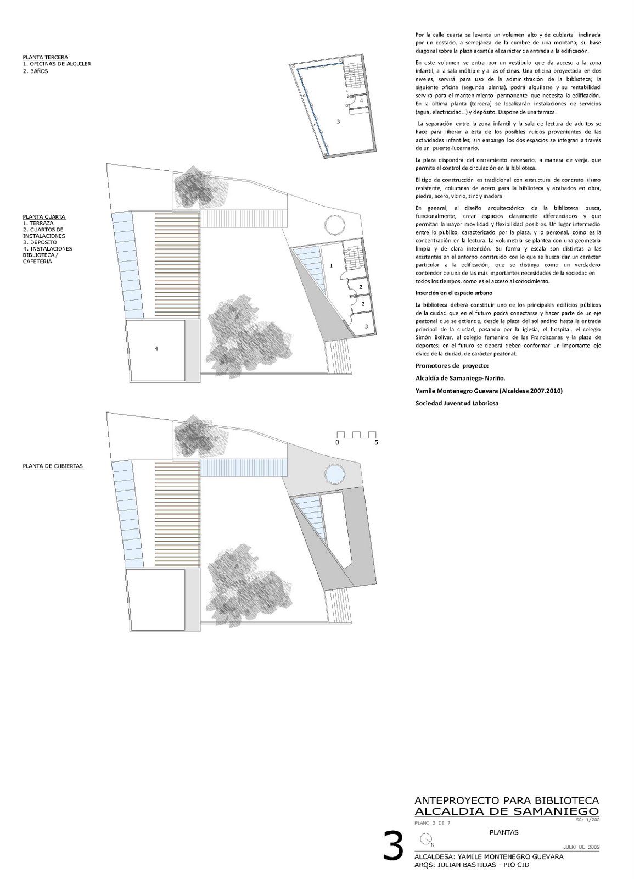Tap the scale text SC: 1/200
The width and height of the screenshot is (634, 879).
pos(588,820)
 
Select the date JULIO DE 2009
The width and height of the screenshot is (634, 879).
pos(581,847)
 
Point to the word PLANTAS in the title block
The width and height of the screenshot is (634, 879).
pos(503,832)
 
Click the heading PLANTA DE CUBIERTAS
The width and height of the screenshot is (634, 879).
pos(53,466)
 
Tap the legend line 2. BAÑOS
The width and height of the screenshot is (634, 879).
pos(35,71)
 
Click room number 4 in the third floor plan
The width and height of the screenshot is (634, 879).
pos(361,101)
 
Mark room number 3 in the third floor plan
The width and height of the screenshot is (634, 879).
pos(338,121)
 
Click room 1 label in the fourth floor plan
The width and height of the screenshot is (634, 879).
pos(331,265)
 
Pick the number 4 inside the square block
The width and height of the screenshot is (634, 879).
pos(157,348)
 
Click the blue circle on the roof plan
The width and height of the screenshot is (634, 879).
pos(334,472)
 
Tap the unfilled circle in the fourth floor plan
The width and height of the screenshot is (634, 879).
pos(334,225)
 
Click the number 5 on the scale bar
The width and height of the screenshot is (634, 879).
pos(376,442)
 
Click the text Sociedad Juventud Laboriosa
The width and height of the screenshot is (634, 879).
pos(457,403)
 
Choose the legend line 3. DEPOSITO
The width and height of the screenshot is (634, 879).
pos(40,242)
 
